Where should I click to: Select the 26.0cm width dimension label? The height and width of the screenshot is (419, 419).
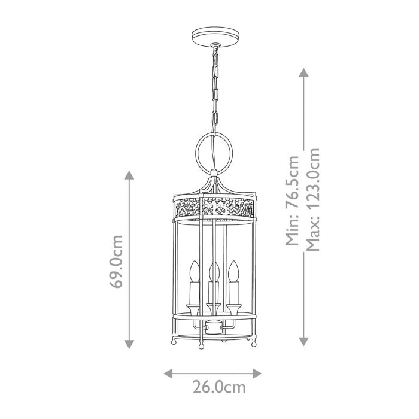[x=219, y=387]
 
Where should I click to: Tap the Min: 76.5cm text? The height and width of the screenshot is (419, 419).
[x=292, y=201]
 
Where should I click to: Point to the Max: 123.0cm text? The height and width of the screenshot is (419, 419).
[x=312, y=200]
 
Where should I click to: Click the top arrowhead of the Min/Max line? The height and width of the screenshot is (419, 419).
[x=303, y=72]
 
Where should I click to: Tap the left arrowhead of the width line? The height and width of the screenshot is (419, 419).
[x=168, y=373]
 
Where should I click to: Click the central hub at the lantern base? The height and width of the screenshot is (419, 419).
[x=211, y=327]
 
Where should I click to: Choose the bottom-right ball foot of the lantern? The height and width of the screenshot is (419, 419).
[x=253, y=344]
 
